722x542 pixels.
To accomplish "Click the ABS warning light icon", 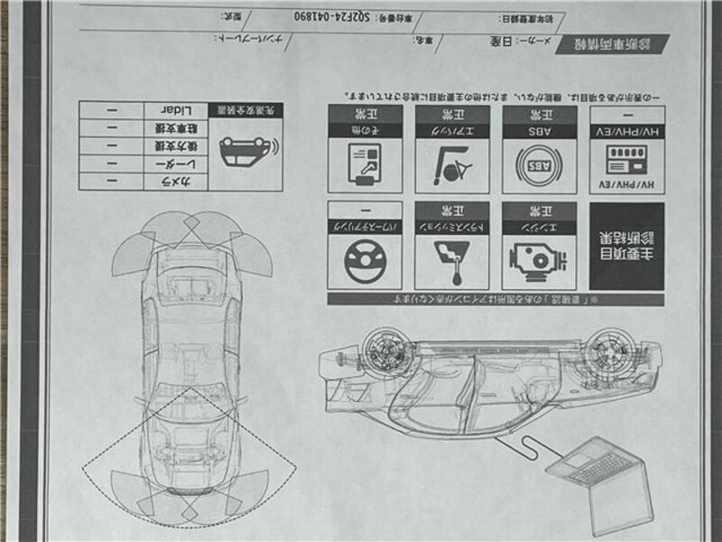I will (539, 166).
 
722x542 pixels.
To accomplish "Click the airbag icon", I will (452, 166).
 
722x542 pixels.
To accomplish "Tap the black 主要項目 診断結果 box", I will (626, 245).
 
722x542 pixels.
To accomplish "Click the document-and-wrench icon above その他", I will (365, 166).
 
